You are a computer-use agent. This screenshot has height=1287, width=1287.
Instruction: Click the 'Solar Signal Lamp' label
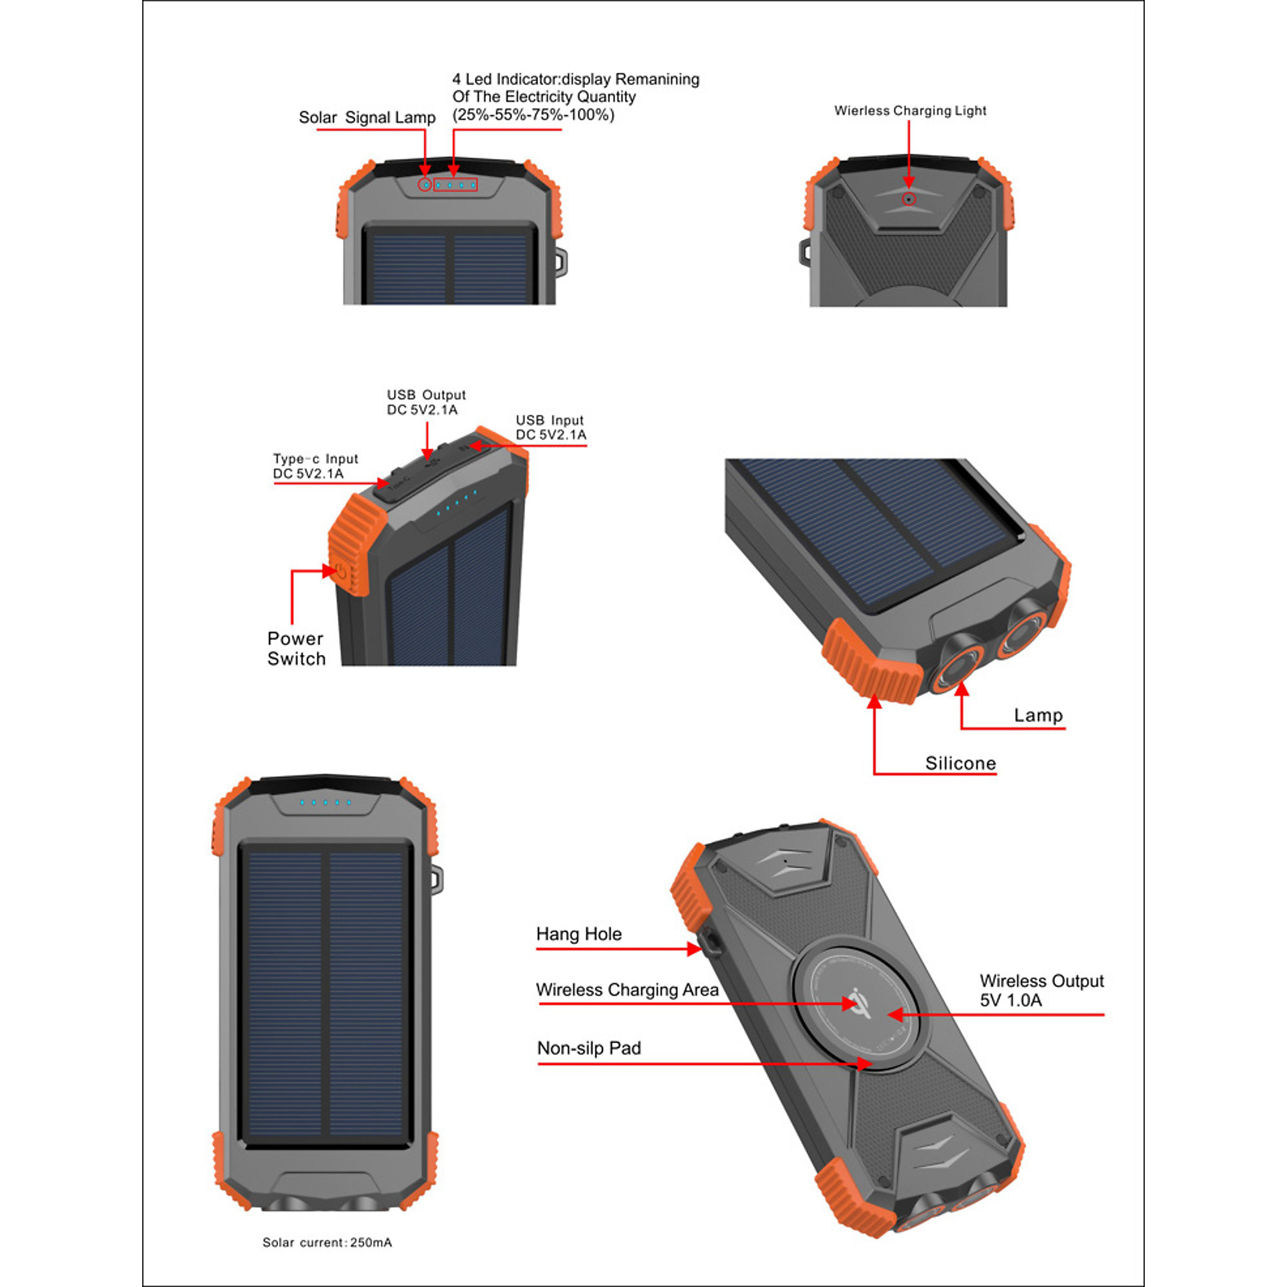[x=367, y=117]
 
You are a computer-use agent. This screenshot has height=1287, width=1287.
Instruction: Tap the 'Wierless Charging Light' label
[x=910, y=111]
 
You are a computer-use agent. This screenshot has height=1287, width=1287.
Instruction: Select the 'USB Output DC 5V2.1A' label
[x=427, y=402]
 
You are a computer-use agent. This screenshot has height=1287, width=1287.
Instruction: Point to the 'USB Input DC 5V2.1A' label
[x=551, y=428]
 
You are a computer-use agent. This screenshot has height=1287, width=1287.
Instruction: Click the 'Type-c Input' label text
[x=316, y=459]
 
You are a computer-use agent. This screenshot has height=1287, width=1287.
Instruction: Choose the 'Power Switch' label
[x=297, y=648]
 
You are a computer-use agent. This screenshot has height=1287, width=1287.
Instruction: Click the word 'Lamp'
[x=1038, y=716]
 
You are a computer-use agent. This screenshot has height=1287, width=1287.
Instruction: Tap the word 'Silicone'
[x=961, y=763]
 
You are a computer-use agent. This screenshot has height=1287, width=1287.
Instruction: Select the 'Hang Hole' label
[x=579, y=934]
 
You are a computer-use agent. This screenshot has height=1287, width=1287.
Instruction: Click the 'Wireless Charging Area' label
[x=627, y=990]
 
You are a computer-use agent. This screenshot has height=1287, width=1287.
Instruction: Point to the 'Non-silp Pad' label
[x=589, y=1048]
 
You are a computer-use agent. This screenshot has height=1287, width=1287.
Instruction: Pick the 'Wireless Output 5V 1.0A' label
[x=1041, y=990]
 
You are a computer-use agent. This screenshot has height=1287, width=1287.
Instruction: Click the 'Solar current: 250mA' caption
[x=327, y=1243]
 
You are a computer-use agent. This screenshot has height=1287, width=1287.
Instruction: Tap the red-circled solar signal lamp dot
[x=425, y=185]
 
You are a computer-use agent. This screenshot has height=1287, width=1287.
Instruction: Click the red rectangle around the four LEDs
[x=456, y=185]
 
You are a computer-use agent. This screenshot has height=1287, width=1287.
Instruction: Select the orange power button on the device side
[x=341, y=571]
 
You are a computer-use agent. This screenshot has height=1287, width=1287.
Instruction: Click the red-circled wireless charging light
[x=909, y=199]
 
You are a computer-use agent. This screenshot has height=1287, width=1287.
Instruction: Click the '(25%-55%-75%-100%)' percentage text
[x=533, y=115]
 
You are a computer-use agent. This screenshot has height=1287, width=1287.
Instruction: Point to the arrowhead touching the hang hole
[x=695, y=949]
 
